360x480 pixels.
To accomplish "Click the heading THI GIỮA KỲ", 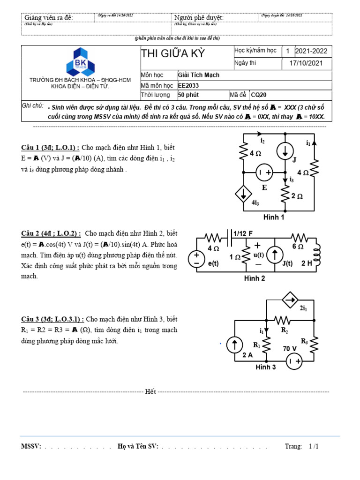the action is pyautogui.click(x=173, y=53).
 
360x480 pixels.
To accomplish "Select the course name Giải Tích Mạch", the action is pyautogui.click(x=199, y=75).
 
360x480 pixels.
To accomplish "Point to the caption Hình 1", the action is pyautogui.click(x=274, y=217).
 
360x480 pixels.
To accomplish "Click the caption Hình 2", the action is pyautogui.click(x=255, y=278).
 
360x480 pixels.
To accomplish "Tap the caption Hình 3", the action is pyautogui.click(x=266, y=367).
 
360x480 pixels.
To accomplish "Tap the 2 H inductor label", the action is pyautogui.click(x=307, y=263).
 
